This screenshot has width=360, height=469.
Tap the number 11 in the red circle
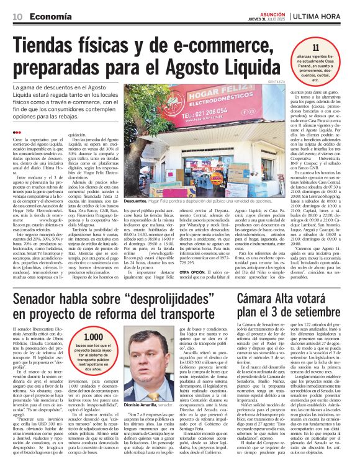(x=315, y=47)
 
